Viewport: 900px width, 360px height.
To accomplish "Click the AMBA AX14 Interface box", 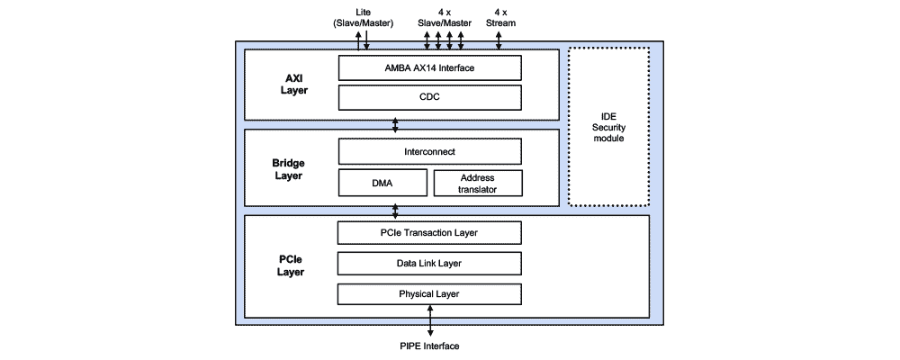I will point(429,67).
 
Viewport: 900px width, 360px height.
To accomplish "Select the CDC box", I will point(429,96).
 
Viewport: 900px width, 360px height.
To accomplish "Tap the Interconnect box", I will point(429,151).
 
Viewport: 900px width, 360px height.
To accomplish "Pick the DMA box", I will point(382,183).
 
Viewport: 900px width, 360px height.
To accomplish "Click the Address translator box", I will point(477,183).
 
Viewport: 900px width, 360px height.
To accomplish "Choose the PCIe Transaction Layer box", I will point(429,232).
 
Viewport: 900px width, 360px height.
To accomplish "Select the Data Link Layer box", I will point(429,263).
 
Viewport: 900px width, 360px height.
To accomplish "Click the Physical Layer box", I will point(429,293).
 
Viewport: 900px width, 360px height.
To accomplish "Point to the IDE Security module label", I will point(609,127).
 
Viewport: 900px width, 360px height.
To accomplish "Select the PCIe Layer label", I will point(290,264).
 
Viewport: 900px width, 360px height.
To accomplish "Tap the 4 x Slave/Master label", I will point(445,17).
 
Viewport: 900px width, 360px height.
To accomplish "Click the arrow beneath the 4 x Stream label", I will point(499,40).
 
